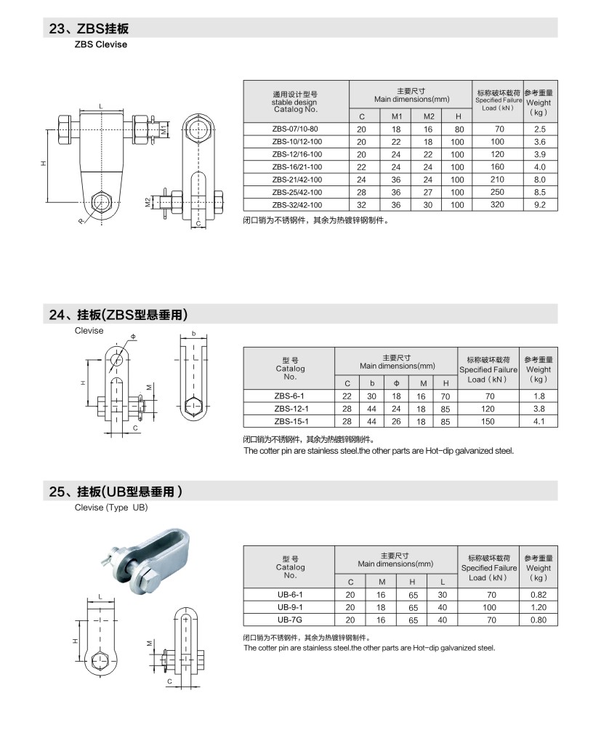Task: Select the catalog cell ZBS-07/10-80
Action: click(295, 129)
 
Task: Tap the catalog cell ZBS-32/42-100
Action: click(295, 205)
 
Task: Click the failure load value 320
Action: click(497, 205)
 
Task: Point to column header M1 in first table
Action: click(396, 116)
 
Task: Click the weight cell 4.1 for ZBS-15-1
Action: click(538, 421)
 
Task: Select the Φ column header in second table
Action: click(396, 383)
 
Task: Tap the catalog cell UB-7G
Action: click(290, 619)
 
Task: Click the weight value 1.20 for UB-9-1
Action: click(538, 606)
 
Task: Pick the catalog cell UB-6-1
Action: click(290, 594)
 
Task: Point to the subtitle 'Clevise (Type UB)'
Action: click(111, 508)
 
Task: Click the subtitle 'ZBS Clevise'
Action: click(100, 44)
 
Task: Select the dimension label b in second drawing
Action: click(193, 334)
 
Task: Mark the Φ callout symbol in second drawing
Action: click(133, 337)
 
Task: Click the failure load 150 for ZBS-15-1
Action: click(488, 421)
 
